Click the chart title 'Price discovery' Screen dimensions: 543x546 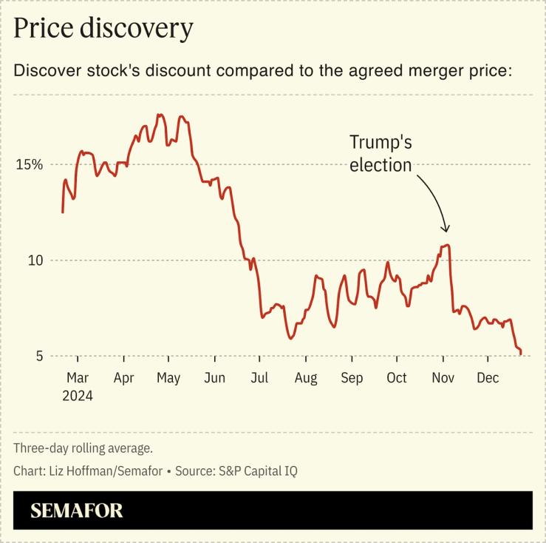pos(103,28)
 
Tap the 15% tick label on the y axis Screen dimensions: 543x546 pos(30,163)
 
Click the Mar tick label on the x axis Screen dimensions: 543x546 pos(78,378)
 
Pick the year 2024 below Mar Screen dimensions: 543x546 pos(78,396)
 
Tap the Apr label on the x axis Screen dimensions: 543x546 pos(123,378)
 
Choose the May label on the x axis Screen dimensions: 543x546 pos(168,378)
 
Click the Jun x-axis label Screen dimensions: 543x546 pos(214,378)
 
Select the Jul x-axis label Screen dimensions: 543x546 pos(259,378)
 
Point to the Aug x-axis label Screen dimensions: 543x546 pos(305,378)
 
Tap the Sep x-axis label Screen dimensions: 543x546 pos(352,378)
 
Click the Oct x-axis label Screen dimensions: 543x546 pos(397,378)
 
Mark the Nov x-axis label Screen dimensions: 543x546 pos(443,378)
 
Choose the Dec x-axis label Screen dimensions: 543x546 pos(488,378)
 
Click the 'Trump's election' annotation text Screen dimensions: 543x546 pos(381,153)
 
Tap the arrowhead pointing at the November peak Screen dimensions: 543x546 pos(445,229)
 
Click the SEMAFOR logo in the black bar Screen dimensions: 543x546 pos(77,510)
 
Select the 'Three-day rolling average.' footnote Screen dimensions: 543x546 pos(83,448)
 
